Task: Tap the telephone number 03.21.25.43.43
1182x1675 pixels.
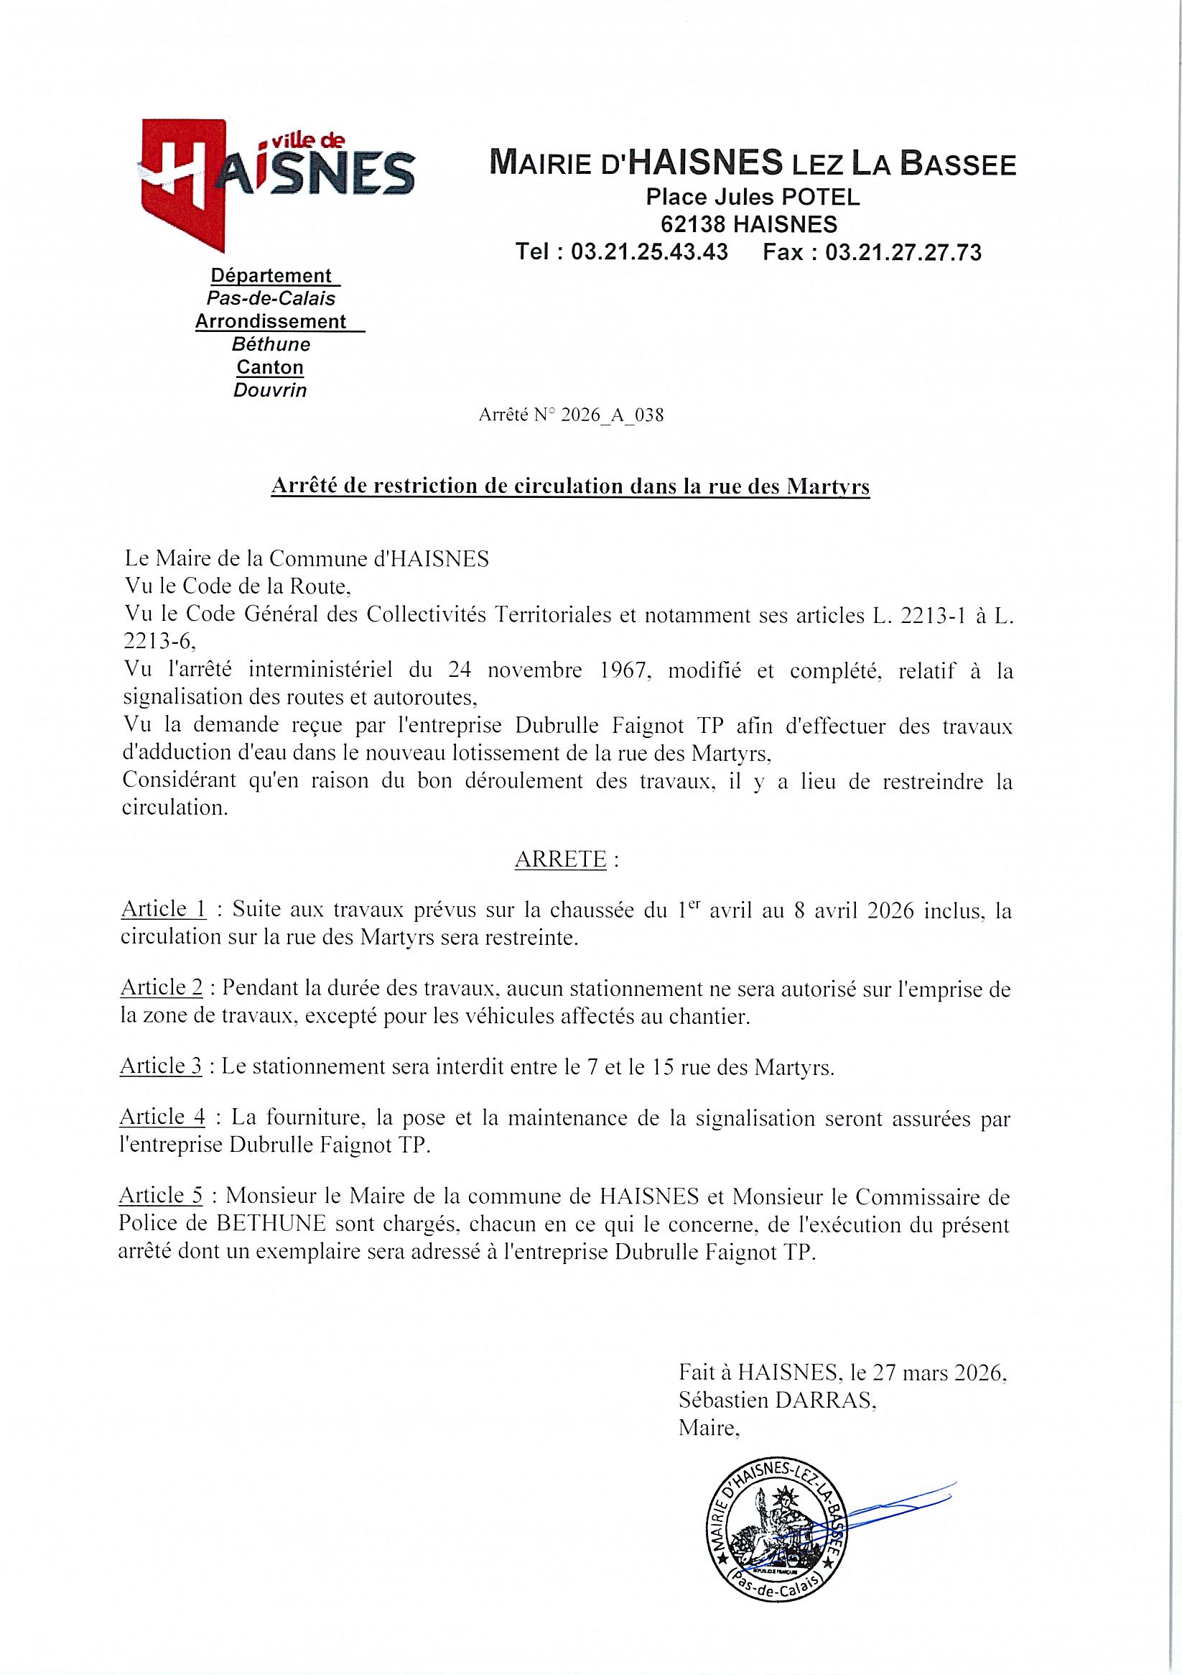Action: [649, 252]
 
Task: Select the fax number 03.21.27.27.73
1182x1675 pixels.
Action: [903, 252]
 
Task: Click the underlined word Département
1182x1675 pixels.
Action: [271, 276]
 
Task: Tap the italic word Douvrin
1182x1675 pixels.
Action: [270, 390]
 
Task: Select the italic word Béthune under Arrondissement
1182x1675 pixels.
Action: [271, 343]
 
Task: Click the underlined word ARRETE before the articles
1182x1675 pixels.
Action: [560, 860]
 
